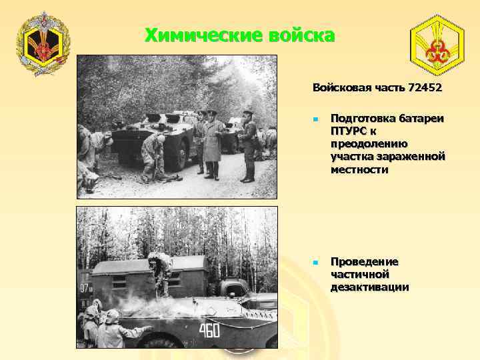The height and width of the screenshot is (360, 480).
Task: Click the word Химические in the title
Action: pyautogui.click(x=198, y=35)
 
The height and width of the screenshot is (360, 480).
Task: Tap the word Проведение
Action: pyautogui.click(x=364, y=261)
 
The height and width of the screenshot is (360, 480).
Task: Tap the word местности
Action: pyautogui.click(x=360, y=169)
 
